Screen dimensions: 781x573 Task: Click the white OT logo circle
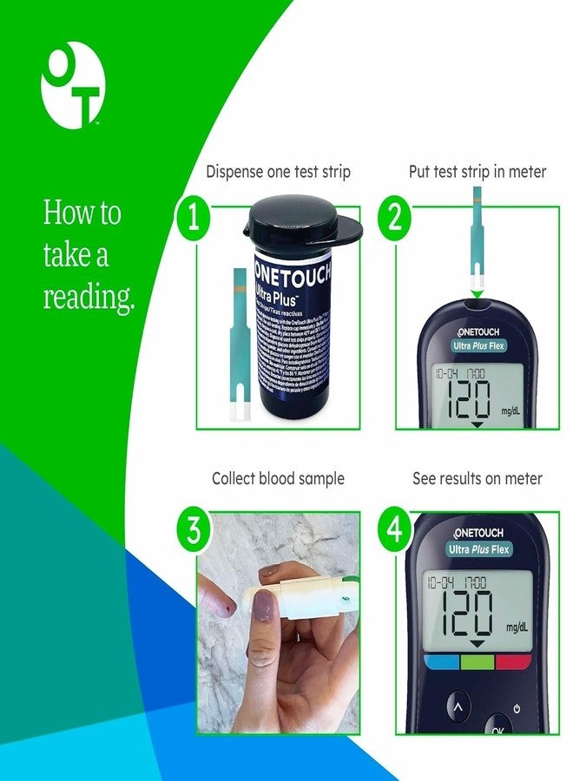tap(73, 85)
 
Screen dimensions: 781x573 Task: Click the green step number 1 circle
tap(193, 218)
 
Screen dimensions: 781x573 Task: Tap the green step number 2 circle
tap(394, 218)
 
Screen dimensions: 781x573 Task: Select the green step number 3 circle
tap(193, 529)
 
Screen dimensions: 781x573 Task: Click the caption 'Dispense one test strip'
tap(278, 172)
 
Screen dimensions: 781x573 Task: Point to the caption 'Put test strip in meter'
tap(477, 172)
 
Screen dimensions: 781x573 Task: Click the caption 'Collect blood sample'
tap(278, 478)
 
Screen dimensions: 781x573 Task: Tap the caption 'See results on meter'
tap(477, 478)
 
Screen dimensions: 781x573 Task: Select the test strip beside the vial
tap(240, 347)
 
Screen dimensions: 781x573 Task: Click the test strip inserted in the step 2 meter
tap(477, 252)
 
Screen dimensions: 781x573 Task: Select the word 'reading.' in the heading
tap(89, 298)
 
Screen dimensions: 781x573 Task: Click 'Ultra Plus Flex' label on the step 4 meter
tap(479, 549)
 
